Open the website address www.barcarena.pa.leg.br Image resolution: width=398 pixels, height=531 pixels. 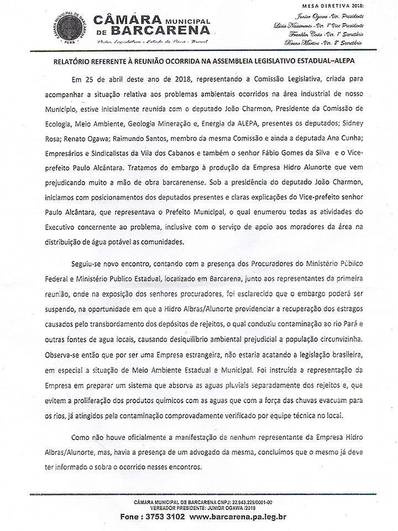click(x=238, y=517)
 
